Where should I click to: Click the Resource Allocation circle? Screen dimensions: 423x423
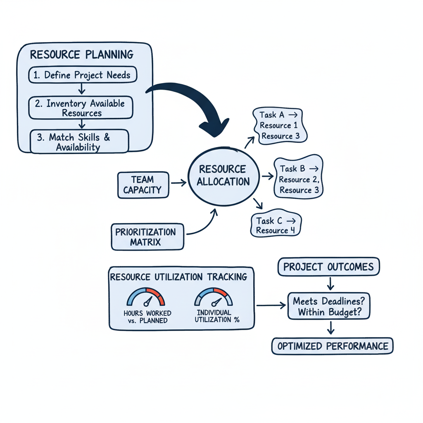223,176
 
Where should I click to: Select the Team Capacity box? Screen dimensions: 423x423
143,185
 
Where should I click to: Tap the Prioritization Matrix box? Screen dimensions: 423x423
147,237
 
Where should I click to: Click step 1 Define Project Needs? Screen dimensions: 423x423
83,76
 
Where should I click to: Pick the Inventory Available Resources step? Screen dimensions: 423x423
81,107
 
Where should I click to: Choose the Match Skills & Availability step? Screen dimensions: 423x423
80,142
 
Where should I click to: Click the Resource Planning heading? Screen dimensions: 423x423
82,55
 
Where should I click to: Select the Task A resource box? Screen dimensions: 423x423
280,125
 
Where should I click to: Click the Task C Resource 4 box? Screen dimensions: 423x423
276,225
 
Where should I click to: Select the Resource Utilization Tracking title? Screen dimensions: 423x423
179,277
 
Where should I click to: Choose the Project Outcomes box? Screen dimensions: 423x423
328,266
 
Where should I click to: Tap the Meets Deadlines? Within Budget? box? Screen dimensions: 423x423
328,307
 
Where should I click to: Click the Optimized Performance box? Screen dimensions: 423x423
333,346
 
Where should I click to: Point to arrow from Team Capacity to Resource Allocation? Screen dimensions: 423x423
178,182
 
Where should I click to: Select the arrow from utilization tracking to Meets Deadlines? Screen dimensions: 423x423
271,306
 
